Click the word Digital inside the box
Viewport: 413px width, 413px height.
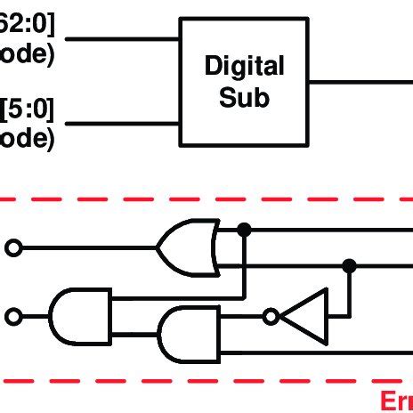tap(244, 66)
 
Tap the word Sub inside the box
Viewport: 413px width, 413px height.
tap(244, 95)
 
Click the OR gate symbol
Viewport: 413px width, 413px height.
tap(188, 247)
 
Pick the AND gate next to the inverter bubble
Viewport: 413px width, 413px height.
tap(188, 336)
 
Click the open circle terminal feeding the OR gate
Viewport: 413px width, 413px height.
tap(13, 248)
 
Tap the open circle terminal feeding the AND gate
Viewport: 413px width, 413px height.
tap(13, 316)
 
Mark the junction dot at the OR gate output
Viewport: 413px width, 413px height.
tap(244, 231)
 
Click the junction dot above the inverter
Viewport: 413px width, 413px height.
tap(349, 264)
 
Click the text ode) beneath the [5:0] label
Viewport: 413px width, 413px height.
tap(27, 137)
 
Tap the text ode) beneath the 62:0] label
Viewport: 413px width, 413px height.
tap(27, 53)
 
